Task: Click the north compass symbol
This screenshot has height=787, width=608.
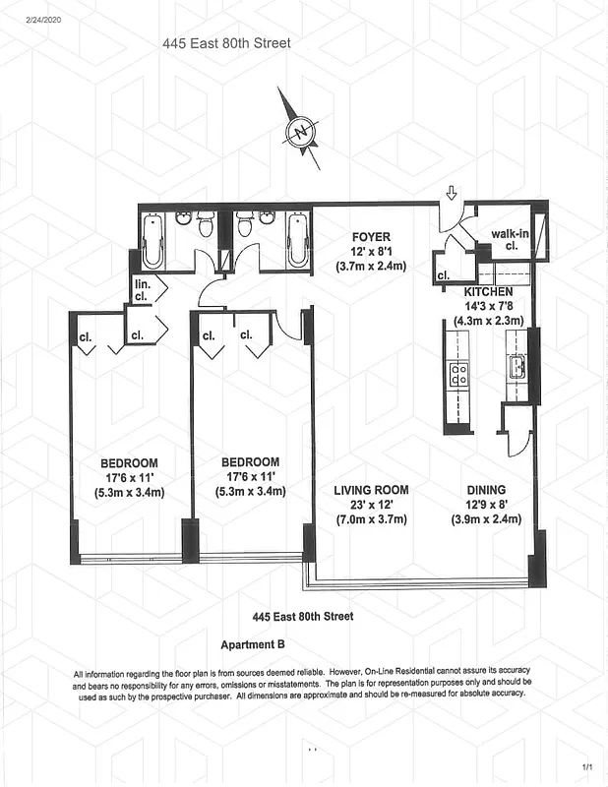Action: pos(300,131)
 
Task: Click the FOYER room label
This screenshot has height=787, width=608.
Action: pos(371,237)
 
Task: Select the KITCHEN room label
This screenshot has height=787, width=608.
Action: pos(489,292)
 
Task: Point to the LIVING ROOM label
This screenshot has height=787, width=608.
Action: pos(370,490)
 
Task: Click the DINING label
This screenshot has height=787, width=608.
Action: pos(487,490)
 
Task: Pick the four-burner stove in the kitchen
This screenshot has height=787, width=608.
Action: pos(458,374)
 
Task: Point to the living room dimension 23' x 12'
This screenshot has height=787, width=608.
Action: pos(370,505)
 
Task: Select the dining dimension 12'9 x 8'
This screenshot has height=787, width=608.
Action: pos(487,505)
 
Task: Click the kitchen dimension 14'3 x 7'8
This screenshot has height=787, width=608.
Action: pos(489,306)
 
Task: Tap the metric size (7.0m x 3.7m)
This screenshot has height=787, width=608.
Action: pos(370,519)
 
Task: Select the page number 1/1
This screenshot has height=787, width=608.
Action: pos(587,766)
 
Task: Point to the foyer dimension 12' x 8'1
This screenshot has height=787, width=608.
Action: pos(371,252)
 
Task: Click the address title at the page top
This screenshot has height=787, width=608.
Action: pos(226,43)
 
